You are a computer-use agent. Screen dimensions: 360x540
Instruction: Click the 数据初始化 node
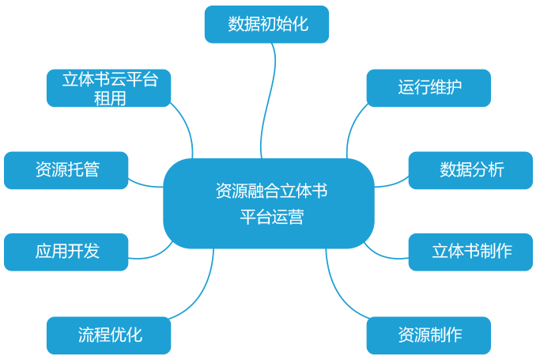pyautogui.click(x=266, y=25)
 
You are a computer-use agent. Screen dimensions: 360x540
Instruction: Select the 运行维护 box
pyautogui.click(x=429, y=88)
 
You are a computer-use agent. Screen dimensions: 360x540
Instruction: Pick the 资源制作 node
pyautogui.click(x=429, y=335)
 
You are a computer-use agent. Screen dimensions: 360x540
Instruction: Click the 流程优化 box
pyautogui.click(x=108, y=335)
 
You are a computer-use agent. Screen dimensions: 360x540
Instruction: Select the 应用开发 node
pyautogui.click(x=66, y=252)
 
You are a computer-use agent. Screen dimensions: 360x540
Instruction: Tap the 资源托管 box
pyautogui.click(x=66, y=170)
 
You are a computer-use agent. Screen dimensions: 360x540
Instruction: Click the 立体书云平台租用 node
pyautogui.click(x=108, y=88)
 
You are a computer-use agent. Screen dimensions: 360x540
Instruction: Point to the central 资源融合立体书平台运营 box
pyautogui.click(x=269, y=203)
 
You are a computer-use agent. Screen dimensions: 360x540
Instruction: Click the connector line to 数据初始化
pyautogui.click(x=272, y=95)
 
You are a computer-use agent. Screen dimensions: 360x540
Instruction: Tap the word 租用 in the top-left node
pyautogui.click(x=109, y=98)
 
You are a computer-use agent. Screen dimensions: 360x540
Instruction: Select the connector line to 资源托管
pyautogui.click(x=146, y=184)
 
